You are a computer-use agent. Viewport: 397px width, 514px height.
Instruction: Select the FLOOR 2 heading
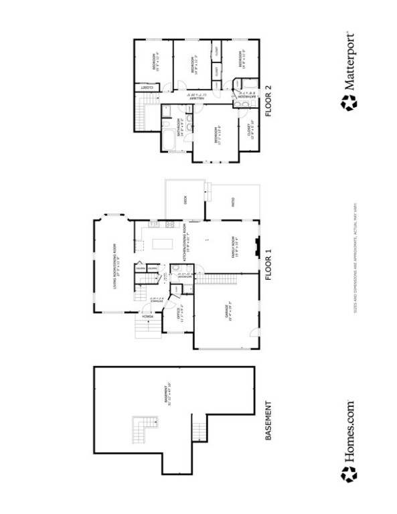point(269,101)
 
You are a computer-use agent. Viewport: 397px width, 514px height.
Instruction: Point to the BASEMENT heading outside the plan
point(269,420)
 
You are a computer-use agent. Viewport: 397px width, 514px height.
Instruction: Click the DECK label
point(185,198)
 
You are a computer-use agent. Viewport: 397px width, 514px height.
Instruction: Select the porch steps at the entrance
point(145,327)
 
